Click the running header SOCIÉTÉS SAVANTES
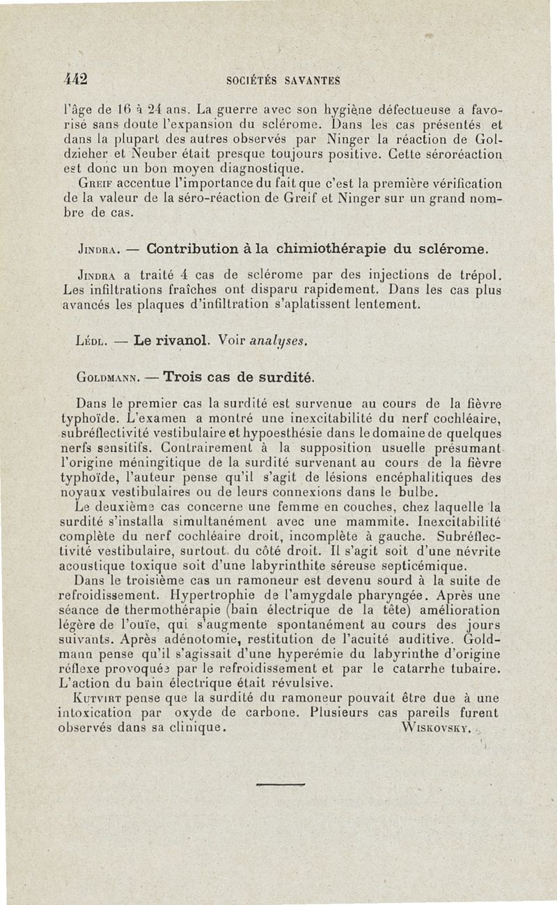[x=283, y=80]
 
